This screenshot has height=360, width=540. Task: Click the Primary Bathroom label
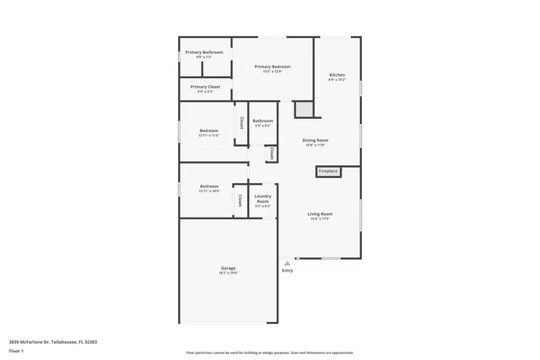(204, 52)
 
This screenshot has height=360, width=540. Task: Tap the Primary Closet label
(205, 87)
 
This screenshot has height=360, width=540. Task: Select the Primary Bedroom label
(273, 67)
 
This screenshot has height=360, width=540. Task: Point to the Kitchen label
(337, 76)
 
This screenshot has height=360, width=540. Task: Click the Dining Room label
(316, 140)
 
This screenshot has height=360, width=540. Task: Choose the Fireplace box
(327, 172)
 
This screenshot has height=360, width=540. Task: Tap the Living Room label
(320, 214)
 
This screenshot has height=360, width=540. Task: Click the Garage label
(228, 268)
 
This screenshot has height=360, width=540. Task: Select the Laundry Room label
(262, 199)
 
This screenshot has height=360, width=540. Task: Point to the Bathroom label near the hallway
(262, 121)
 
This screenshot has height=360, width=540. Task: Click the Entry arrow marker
(287, 263)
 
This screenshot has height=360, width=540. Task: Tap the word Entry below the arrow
(288, 271)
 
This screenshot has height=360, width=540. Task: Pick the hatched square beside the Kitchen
(303, 108)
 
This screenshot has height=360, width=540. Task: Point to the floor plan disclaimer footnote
(270, 352)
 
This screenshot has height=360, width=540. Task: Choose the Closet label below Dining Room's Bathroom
(272, 153)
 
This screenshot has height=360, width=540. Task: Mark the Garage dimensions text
(228, 273)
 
